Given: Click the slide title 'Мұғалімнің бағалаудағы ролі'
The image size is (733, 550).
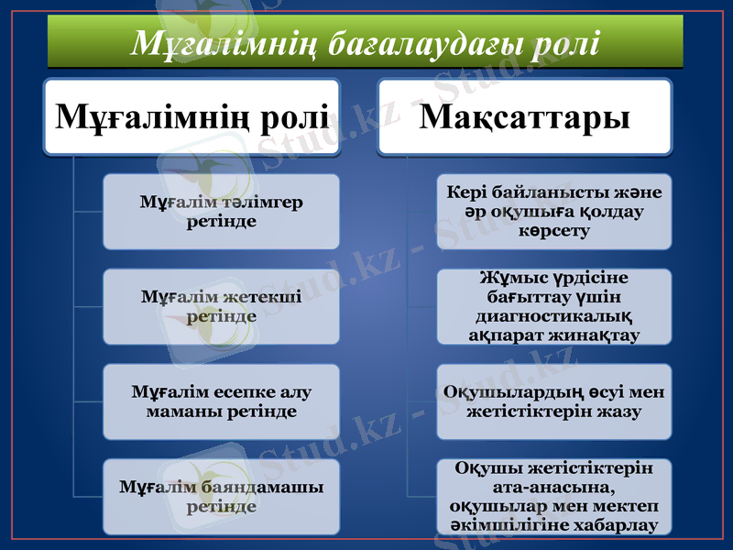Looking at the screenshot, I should [365, 42].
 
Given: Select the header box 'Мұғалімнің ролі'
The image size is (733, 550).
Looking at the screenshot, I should [192, 116].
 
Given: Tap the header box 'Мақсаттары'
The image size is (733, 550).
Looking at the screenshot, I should [526, 116].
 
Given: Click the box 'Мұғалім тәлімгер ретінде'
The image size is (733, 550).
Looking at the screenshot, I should [221, 212].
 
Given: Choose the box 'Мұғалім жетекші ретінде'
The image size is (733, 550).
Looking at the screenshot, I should [221, 306].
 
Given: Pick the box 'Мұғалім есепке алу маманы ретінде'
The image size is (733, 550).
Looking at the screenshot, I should [221, 401].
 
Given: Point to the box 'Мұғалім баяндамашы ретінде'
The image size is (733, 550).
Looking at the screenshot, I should [221, 496].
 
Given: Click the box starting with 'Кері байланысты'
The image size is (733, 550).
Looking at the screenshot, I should [554, 212].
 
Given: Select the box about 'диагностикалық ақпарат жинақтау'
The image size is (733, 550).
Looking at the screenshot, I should [554, 306].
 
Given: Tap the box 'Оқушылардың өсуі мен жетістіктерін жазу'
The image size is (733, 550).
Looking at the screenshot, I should [554, 401].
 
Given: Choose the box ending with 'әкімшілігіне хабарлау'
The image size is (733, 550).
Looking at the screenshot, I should [554, 496].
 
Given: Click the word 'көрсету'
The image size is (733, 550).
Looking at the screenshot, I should [554, 231].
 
